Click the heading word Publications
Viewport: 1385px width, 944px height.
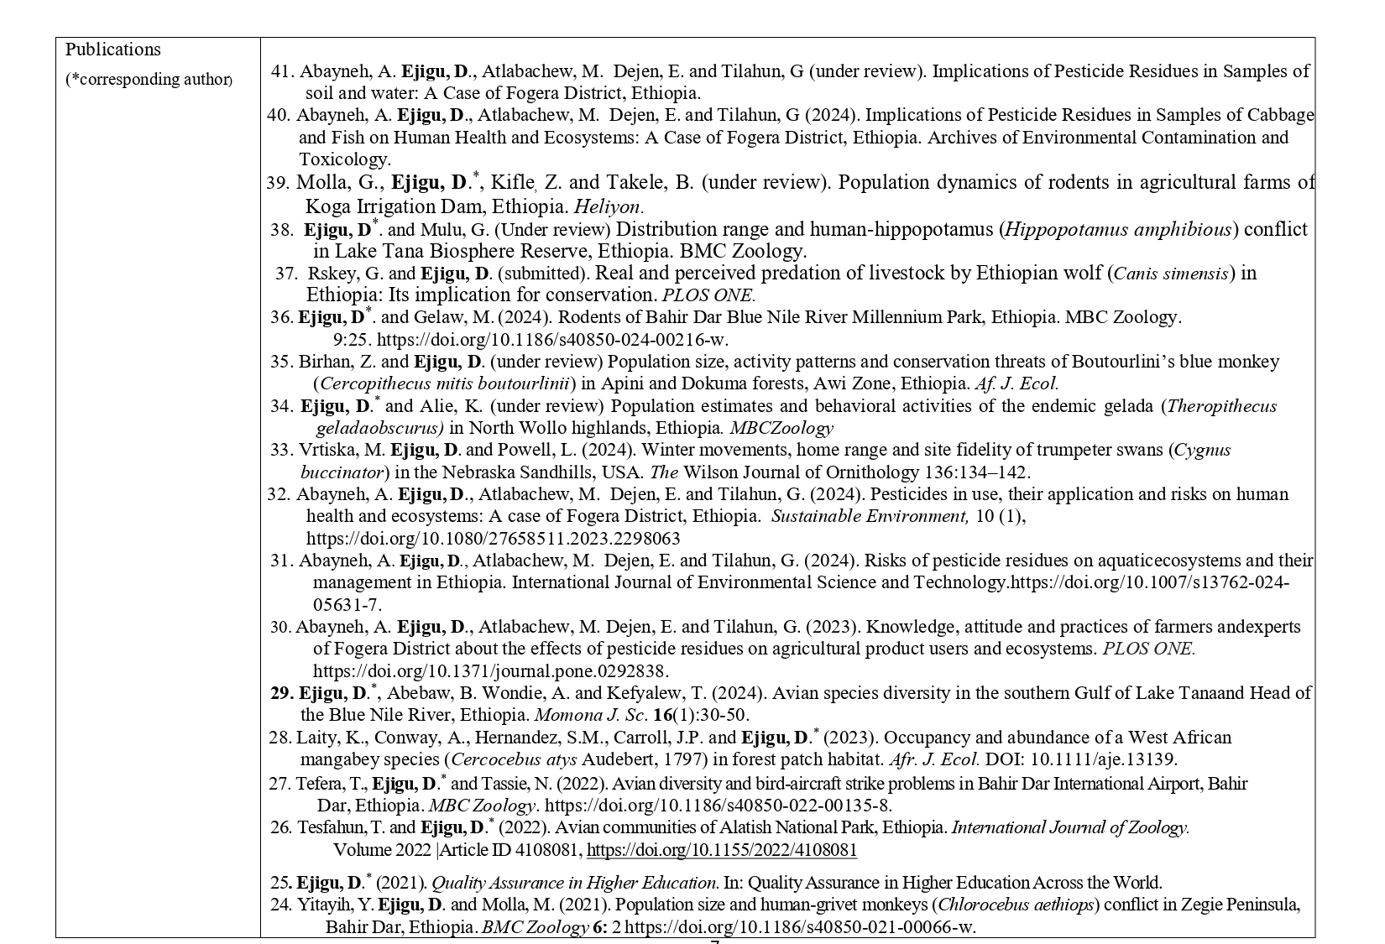pos(112,50)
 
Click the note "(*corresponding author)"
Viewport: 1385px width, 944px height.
pos(149,80)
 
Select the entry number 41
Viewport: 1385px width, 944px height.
pos(283,71)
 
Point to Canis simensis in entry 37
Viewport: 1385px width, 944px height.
pos(1171,274)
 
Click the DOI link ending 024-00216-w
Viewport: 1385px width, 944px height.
pos(552,340)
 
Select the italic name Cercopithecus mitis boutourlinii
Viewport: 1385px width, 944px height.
pos(445,383)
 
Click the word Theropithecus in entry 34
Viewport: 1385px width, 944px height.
pos(1221,406)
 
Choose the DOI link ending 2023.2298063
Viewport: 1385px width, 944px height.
pos(493,539)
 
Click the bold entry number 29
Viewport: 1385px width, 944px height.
pos(280,693)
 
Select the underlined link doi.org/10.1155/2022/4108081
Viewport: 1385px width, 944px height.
pos(721,850)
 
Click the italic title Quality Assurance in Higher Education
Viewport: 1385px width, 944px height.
pos(574,883)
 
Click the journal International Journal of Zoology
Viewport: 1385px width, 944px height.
pos(1069,827)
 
